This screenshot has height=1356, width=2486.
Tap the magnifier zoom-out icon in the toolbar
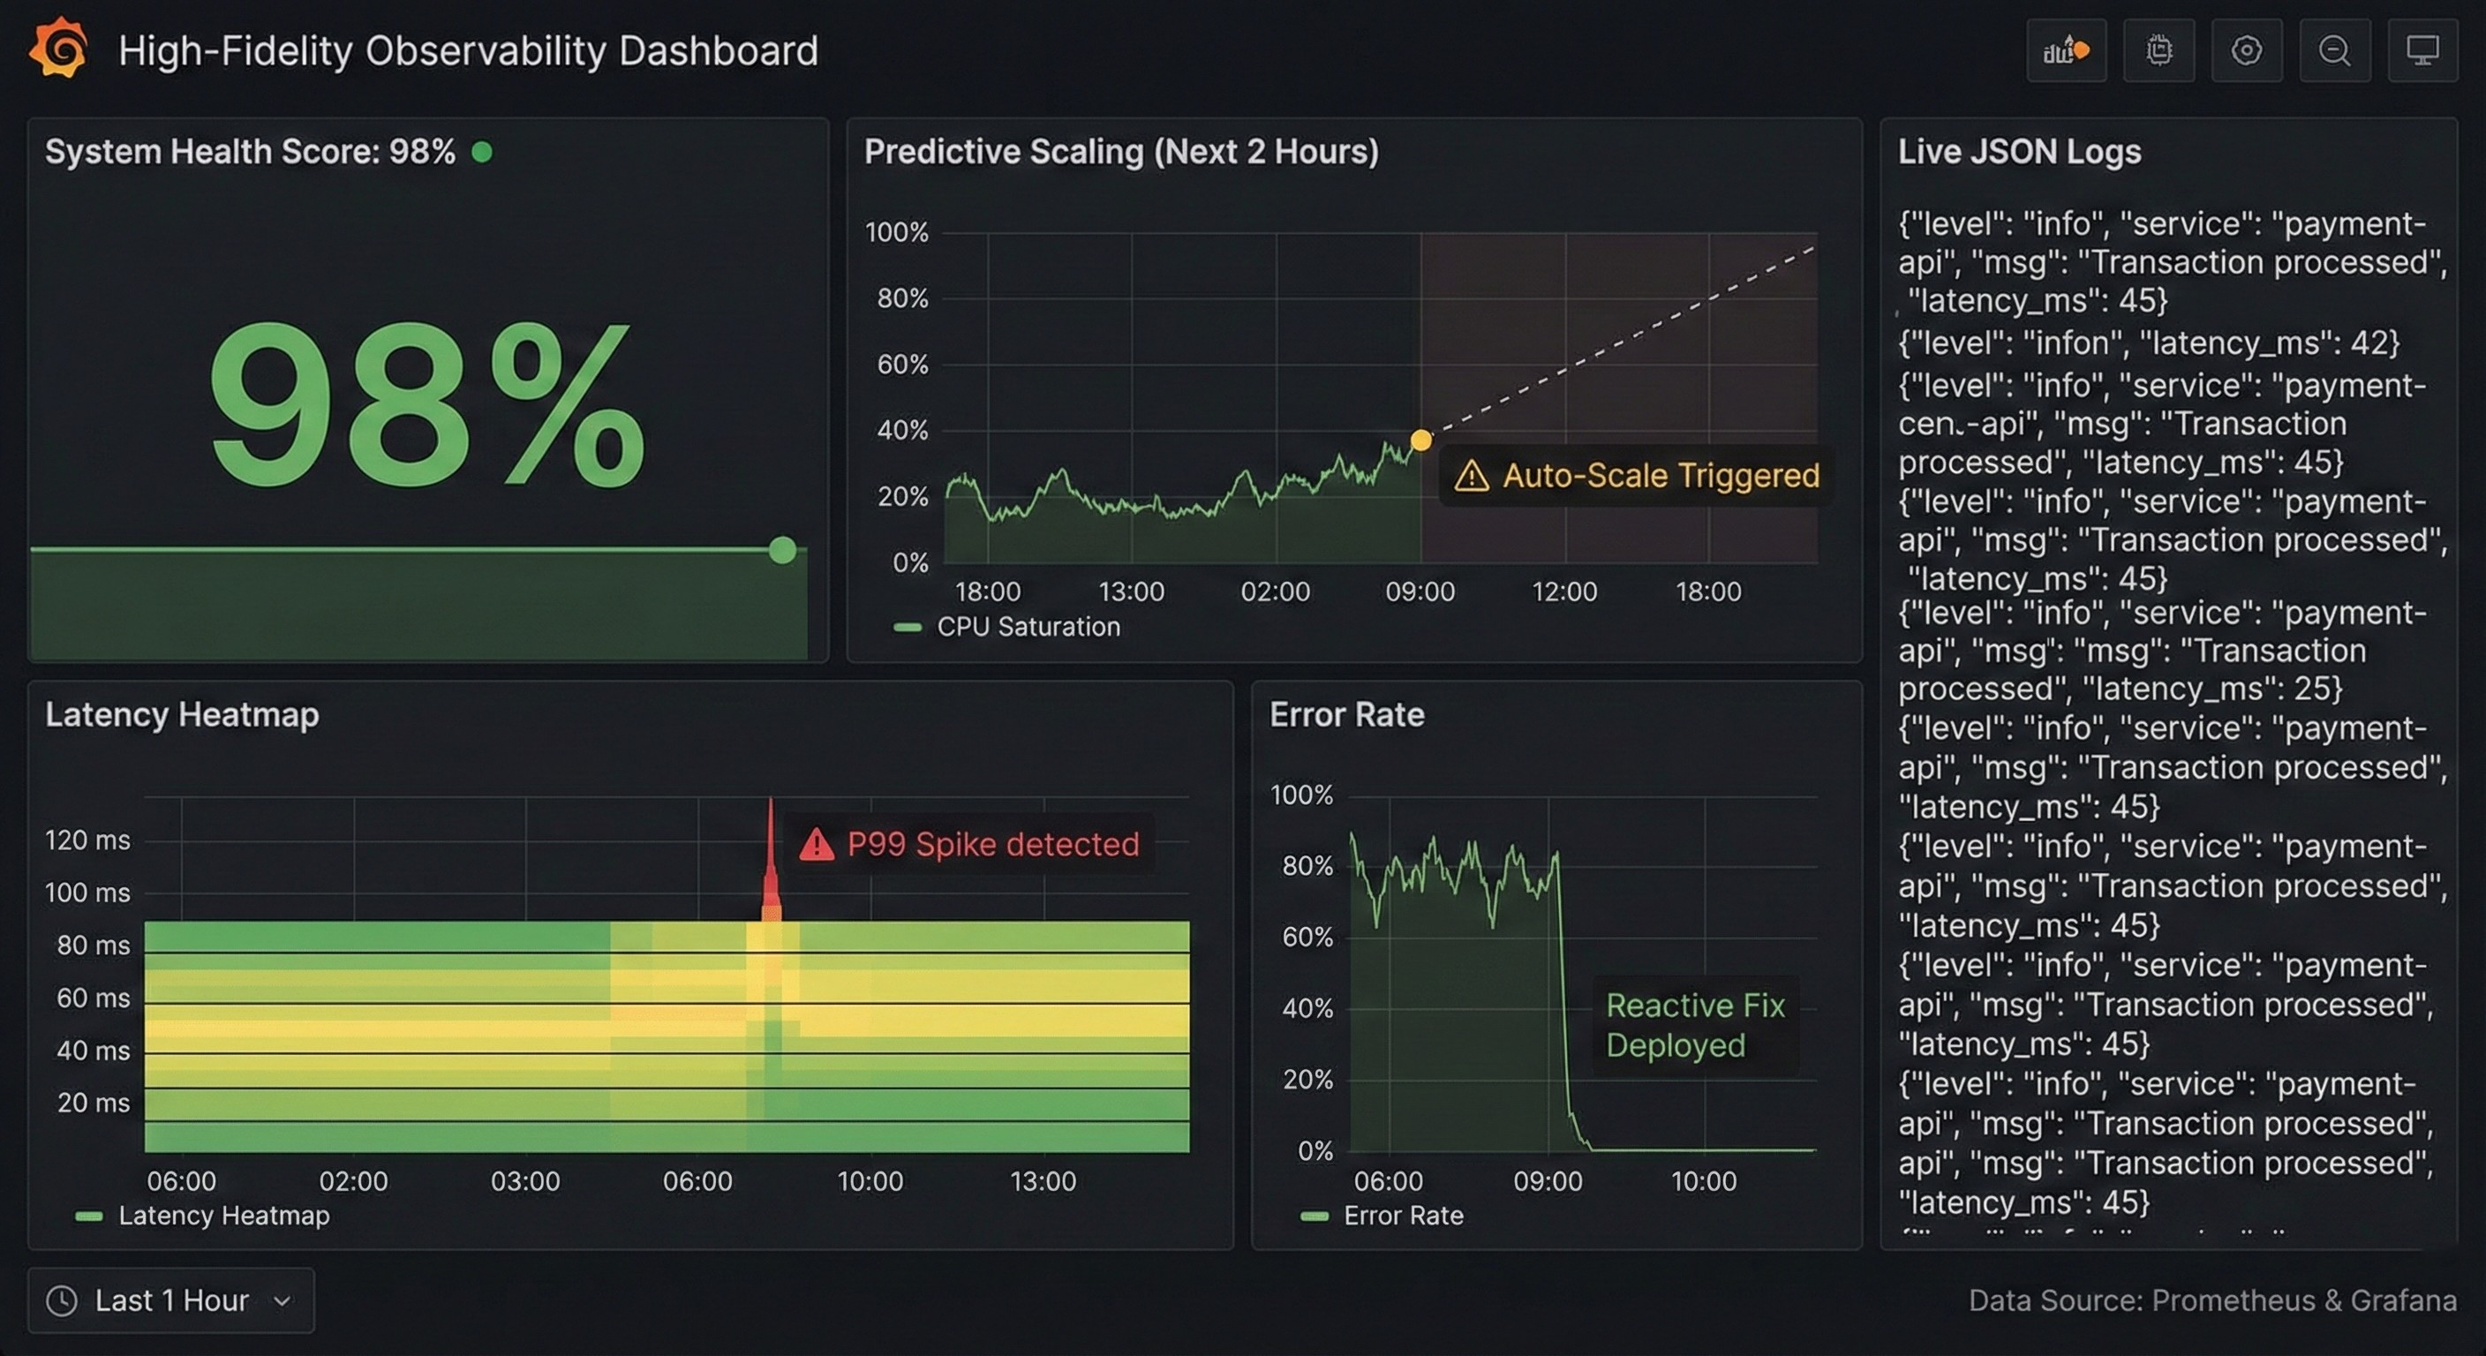click(2334, 50)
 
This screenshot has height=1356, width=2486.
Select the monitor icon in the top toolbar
click(2422, 50)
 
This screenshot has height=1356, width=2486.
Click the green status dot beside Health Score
click(481, 152)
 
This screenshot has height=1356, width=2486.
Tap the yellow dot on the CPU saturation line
click(1420, 441)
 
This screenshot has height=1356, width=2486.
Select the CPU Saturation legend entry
click(1027, 627)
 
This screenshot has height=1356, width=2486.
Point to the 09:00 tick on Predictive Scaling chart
click(1420, 591)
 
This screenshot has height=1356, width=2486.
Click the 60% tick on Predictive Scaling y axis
click(901, 364)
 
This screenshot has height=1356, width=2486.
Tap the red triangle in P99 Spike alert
click(817, 845)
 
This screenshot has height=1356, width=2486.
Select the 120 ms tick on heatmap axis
click(87, 840)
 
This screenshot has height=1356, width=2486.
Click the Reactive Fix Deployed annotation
click(1695, 1025)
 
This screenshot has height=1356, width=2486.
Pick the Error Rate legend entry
click(1402, 1215)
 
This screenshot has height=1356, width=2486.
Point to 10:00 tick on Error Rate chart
click(1703, 1180)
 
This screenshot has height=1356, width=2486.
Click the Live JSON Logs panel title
click(2019, 152)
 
